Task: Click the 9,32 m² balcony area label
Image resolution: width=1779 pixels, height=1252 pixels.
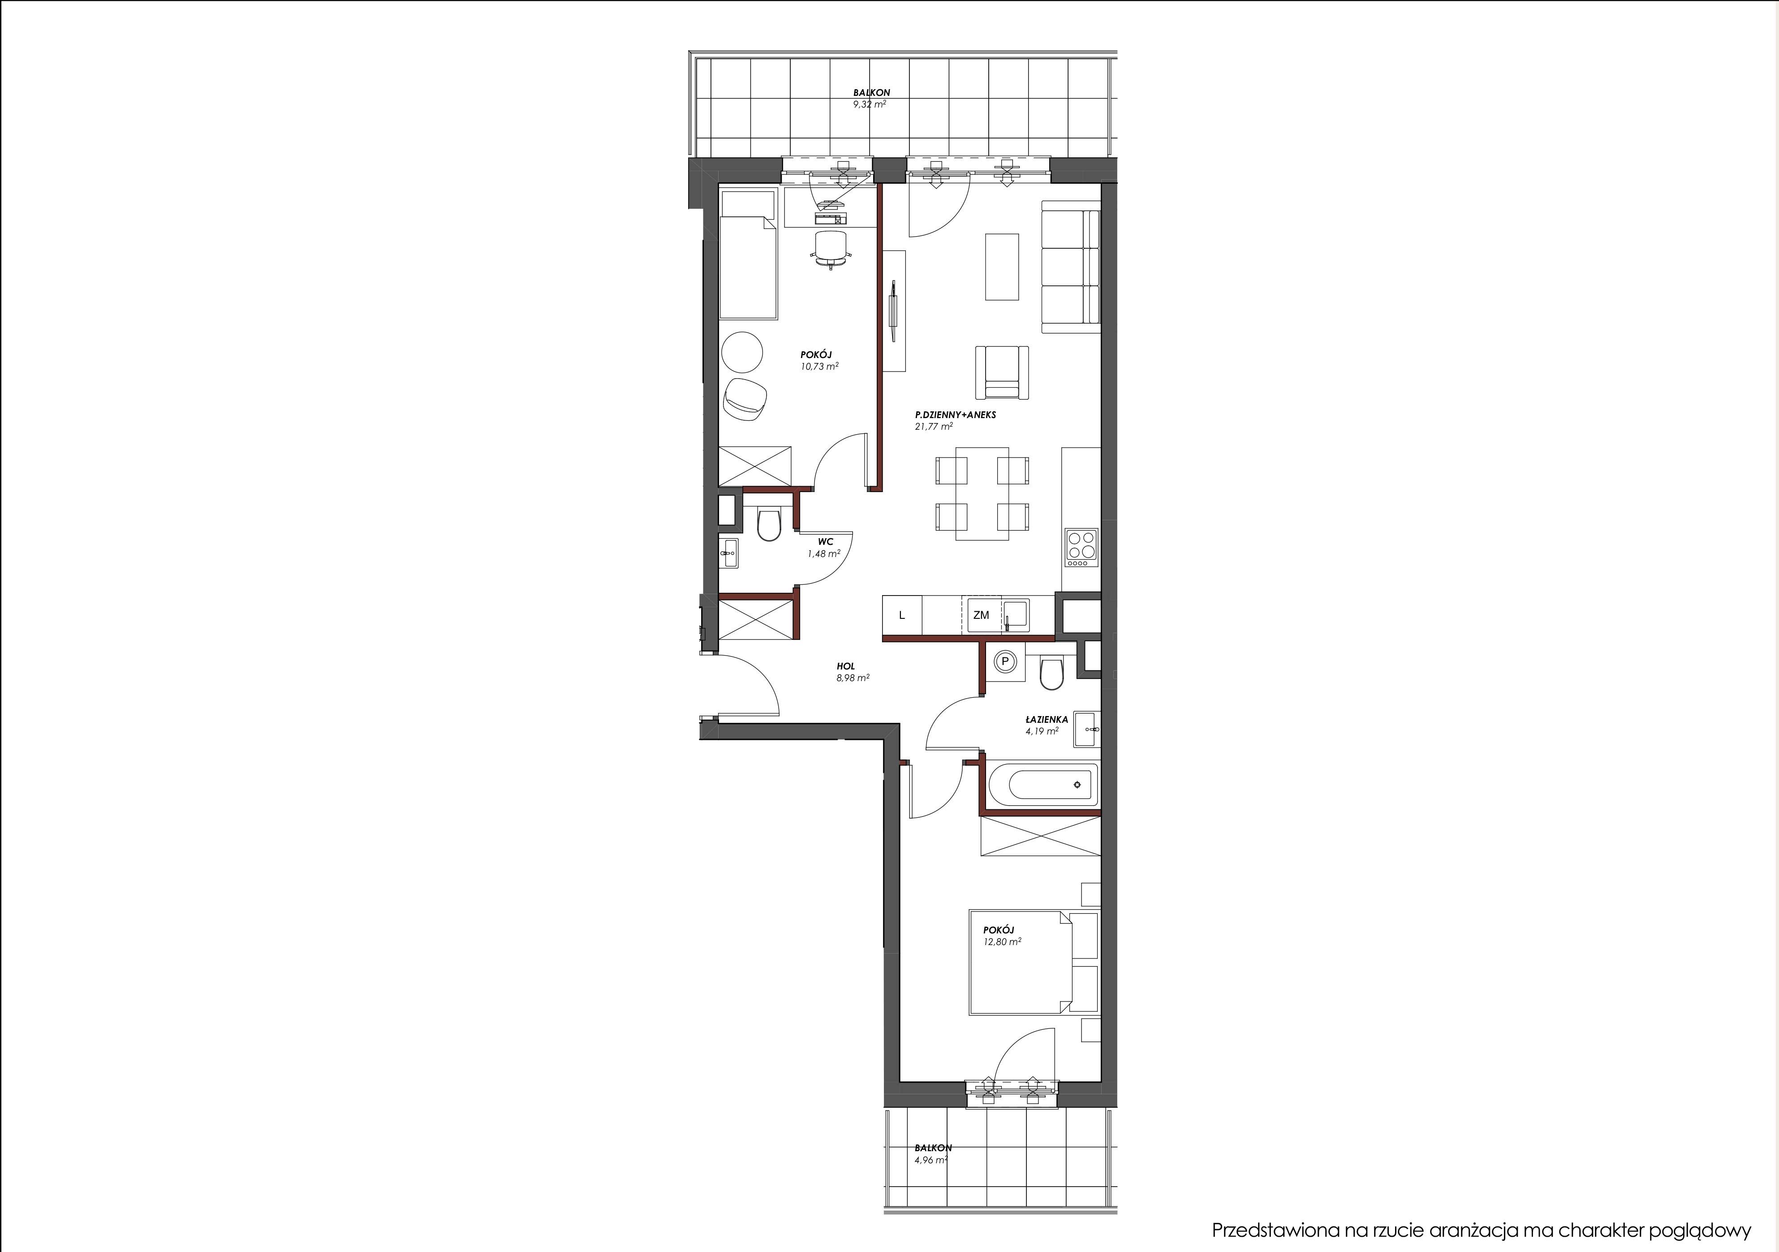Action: pyautogui.click(x=870, y=104)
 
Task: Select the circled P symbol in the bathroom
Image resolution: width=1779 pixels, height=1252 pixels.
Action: pyautogui.click(x=1005, y=661)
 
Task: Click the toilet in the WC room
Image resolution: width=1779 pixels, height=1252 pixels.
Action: pyautogui.click(x=226, y=525)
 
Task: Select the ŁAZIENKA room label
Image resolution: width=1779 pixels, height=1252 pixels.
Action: pyautogui.click(x=1046, y=719)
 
